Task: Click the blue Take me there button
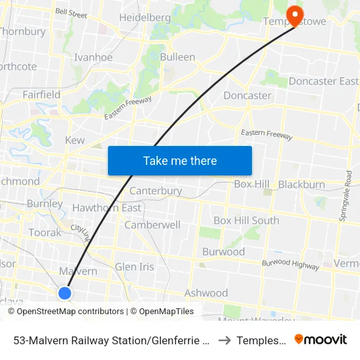(180, 160)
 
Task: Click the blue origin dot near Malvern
(65, 293)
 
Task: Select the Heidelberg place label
(145, 17)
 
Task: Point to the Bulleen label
(177, 57)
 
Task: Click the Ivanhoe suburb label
(93, 57)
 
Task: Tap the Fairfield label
(41, 94)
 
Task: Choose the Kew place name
(75, 140)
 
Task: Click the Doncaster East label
(323, 81)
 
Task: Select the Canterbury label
(156, 191)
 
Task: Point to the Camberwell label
(153, 225)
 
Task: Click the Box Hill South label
(246, 221)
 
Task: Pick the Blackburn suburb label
(301, 185)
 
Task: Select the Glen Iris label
(134, 266)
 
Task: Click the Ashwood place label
(206, 293)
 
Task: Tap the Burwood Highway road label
(290, 264)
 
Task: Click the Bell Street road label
(71, 12)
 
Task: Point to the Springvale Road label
(348, 194)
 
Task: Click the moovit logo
(321, 339)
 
